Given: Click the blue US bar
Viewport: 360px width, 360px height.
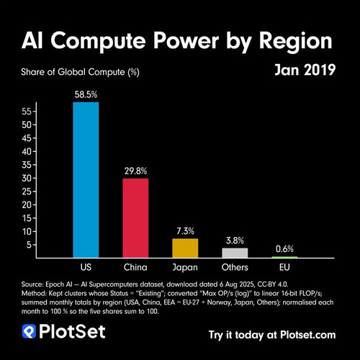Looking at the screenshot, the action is pyautogui.click(x=86, y=180).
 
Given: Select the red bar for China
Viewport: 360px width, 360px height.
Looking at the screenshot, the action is pyautogui.click(x=135, y=218).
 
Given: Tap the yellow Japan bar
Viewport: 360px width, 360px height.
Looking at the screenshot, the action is pyautogui.click(x=185, y=248).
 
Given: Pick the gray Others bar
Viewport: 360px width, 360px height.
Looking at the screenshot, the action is pyautogui.click(x=235, y=253).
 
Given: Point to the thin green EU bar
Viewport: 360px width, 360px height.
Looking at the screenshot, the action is pyautogui.click(x=284, y=257).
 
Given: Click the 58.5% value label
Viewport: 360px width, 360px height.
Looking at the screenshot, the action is pyautogui.click(x=86, y=94).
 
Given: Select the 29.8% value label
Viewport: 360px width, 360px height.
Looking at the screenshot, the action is pyautogui.click(x=135, y=171).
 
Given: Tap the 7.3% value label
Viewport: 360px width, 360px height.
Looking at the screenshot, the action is pyautogui.click(x=185, y=231).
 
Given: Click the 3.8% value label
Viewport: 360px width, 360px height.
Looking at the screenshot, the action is pyautogui.click(x=235, y=240).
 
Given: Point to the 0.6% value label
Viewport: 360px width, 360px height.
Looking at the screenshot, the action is pyautogui.click(x=284, y=249).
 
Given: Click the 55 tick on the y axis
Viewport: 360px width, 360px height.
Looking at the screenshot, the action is pyautogui.click(x=27, y=112).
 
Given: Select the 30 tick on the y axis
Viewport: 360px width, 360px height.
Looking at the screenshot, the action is pyautogui.click(x=27, y=179).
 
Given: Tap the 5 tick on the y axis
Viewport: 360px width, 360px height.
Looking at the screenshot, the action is pyautogui.click(x=30, y=245).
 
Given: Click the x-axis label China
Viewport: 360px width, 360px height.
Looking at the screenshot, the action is pyautogui.click(x=135, y=267).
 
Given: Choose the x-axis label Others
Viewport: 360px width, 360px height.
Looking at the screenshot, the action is pyautogui.click(x=235, y=267).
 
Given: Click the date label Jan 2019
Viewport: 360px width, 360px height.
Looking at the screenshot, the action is pyautogui.click(x=305, y=70).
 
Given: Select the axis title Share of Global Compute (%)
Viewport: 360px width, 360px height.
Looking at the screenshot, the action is pyautogui.click(x=80, y=72).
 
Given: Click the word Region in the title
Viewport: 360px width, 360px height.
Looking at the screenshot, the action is pyautogui.click(x=296, y=41).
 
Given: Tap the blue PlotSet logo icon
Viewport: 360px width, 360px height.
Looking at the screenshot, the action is pyautogui.click(x=29, y=331).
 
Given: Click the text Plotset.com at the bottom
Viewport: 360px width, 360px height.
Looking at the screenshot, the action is pyautogui.click(x=308, y=335).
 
